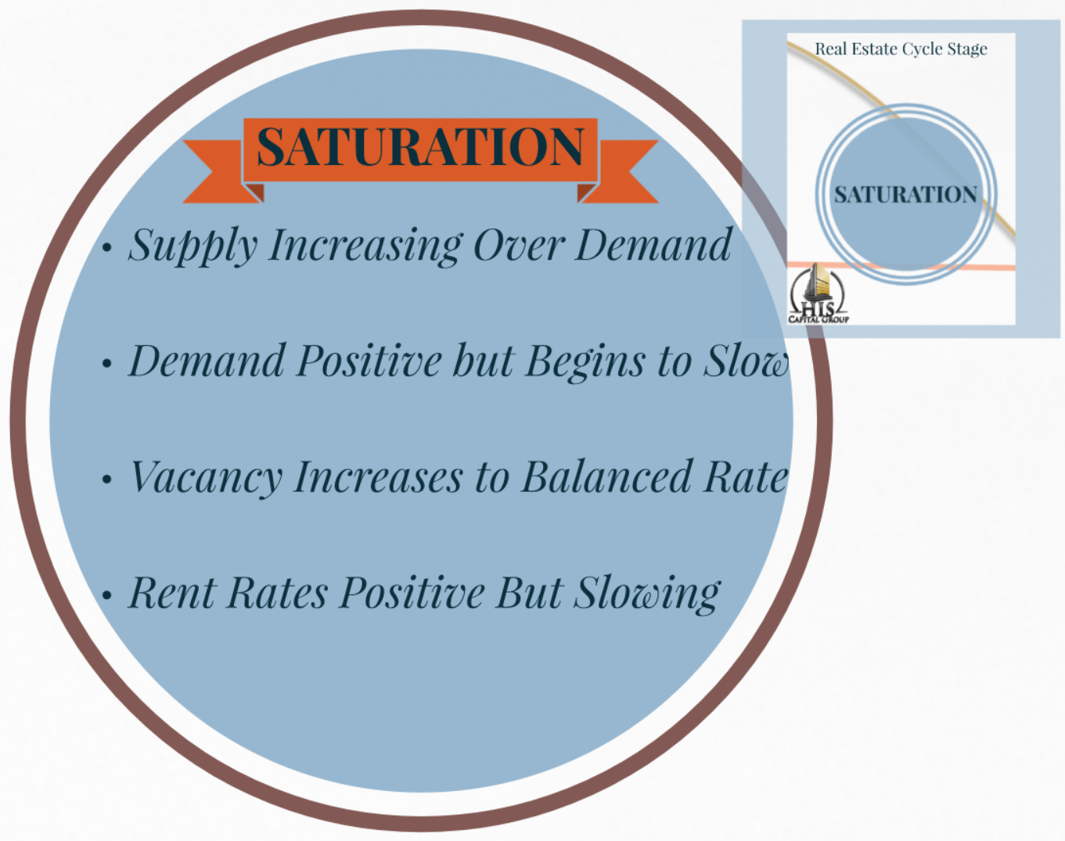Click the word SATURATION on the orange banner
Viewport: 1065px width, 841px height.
420,147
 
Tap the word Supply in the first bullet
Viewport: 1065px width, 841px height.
192,246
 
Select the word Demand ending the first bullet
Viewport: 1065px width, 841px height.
653,245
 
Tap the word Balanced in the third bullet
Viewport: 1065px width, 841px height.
607,476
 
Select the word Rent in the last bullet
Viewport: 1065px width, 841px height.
172,592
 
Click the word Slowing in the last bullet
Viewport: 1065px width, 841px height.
647,594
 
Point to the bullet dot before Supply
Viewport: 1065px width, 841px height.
107,249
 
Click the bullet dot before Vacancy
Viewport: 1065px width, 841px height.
107,480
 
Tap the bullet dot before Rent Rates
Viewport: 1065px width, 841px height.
107,596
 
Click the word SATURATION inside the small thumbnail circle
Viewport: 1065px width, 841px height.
905,194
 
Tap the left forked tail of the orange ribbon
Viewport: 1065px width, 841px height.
214,171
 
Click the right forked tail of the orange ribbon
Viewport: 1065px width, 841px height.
626,171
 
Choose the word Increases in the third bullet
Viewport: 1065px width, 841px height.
378,477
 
